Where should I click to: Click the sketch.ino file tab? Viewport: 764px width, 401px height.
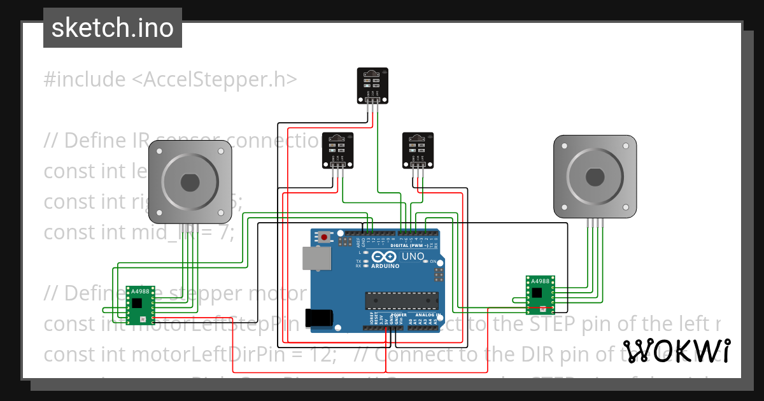(112, 28)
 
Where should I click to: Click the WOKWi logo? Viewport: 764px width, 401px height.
(676, 351)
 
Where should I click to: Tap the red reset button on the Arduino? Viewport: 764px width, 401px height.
(325, 237)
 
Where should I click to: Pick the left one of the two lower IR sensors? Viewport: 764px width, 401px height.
(337, 150)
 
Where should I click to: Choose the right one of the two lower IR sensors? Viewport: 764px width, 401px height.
(418, 150)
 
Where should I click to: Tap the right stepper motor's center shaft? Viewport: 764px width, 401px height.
(595, 176)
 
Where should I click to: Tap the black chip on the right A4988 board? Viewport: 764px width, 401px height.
(538, 293)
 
